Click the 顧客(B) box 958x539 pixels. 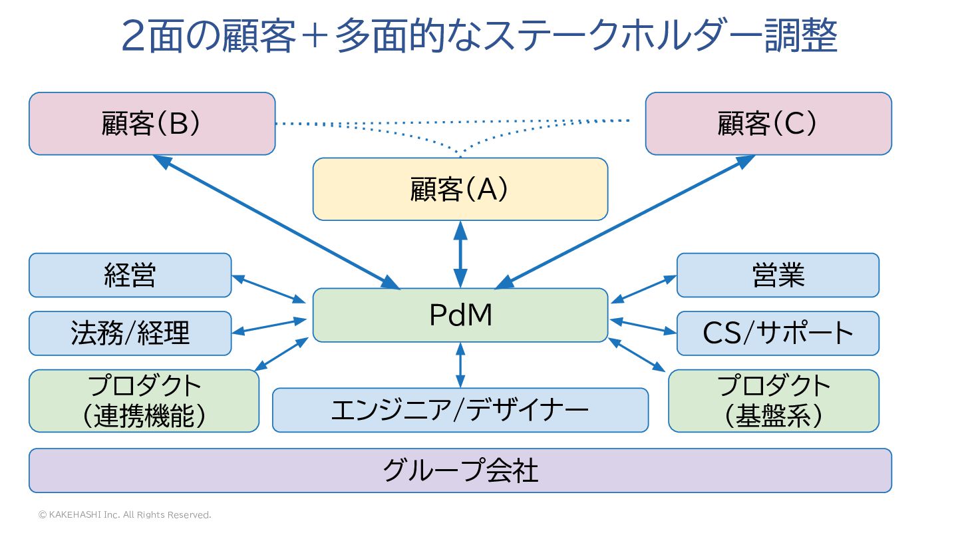point(152,124)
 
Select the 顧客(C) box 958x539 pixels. point(768,124)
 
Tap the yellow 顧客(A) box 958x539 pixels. point(460,189)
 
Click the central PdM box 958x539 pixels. point(460,315)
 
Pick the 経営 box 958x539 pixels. point(130,275)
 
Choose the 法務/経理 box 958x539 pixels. point(130,333)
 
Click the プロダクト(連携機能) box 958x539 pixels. point(144,401)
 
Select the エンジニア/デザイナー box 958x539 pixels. point(460,410)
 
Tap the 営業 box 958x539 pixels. point(778,275)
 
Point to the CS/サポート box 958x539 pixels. point(778,333)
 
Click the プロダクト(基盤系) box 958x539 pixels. point(773,401)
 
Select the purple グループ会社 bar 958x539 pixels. point(460,470)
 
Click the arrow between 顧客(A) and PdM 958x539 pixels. point(460,254)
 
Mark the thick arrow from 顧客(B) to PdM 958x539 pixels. point(275,222)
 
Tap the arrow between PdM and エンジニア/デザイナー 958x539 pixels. point(460,365)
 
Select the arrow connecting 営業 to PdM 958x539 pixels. point(643,289)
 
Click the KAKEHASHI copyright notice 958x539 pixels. point(124,515)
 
